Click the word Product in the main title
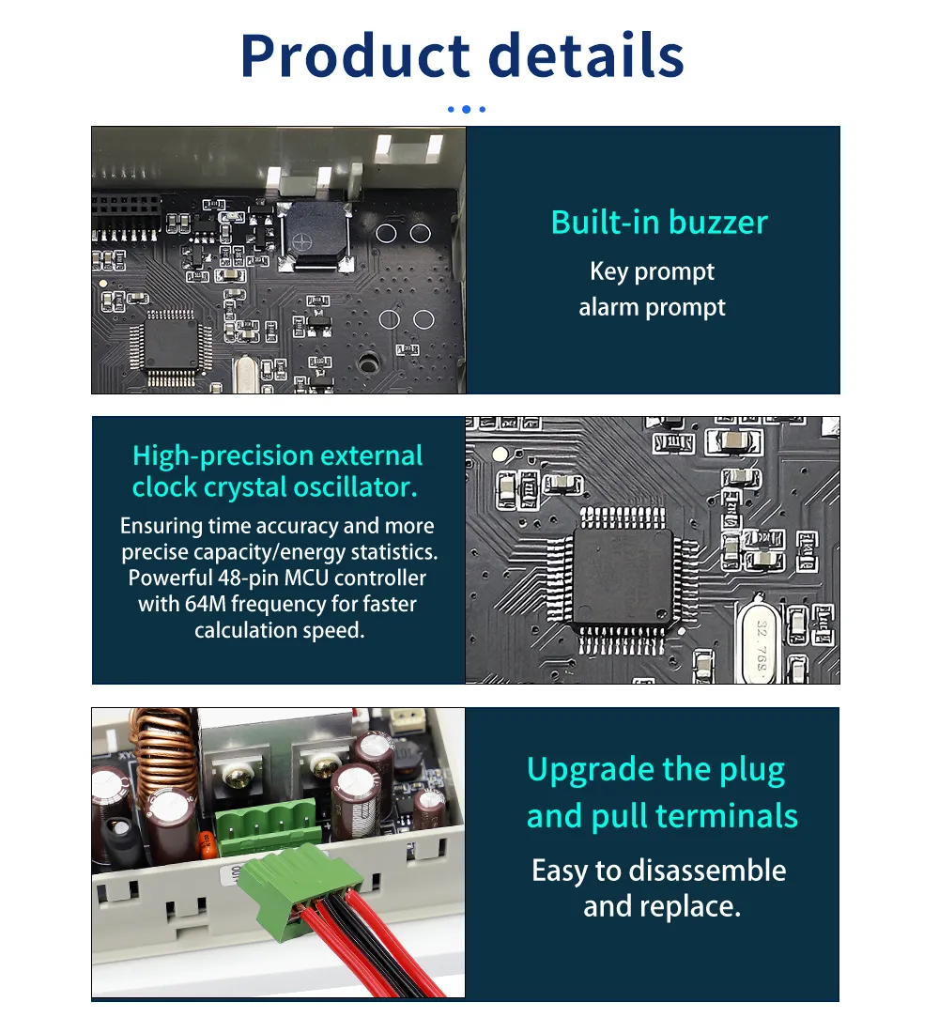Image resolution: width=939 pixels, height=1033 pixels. pyautogui.click(x=355, y=56)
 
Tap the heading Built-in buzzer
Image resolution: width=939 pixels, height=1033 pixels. pyautogui.click(x=659, y=222)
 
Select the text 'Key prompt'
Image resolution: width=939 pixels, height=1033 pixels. pyautogui.click(x=652, y=271)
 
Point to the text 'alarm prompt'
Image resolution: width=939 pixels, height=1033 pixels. pyautogui.click(x=652, y=307)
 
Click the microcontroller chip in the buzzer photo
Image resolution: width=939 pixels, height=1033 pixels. pyautogui.click(x=170, y=345)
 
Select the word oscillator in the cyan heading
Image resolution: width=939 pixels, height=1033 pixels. pyautogui.click(x=355, y=486)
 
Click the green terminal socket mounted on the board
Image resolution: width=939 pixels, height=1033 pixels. pyautogui.click(x=267, y=825)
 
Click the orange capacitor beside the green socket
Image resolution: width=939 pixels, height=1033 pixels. pyautogui.click(x=207, y=845)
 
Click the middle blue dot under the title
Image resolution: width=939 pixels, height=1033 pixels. pyautogui.click(x=466, y=109)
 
